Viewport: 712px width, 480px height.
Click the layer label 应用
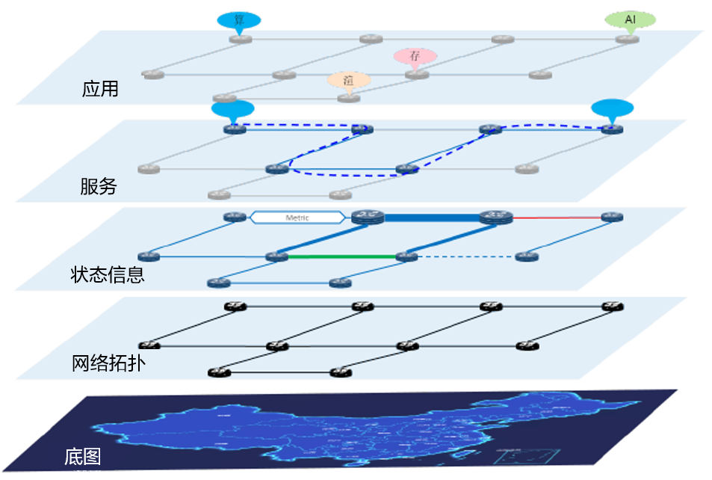[x=100, y=89]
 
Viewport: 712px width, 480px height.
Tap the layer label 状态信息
[x=107, y=274]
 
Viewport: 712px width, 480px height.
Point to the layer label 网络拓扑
[x=108, y=363]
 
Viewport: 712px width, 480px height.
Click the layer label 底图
[x=83, y=456]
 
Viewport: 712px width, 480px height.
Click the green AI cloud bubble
[x=629, y=19]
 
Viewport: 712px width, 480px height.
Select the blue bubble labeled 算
[x=239, y=20]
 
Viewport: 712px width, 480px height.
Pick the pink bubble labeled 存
[x=415, y=56]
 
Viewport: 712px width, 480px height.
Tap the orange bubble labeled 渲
[x=349, y=79]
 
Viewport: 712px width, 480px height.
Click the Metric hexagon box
[x=297, y=218]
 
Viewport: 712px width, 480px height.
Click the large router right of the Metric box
[x=366, y=217]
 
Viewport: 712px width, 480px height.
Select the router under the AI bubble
[x=628, y=38]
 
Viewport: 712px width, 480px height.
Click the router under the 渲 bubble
[x=348, y=98]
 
